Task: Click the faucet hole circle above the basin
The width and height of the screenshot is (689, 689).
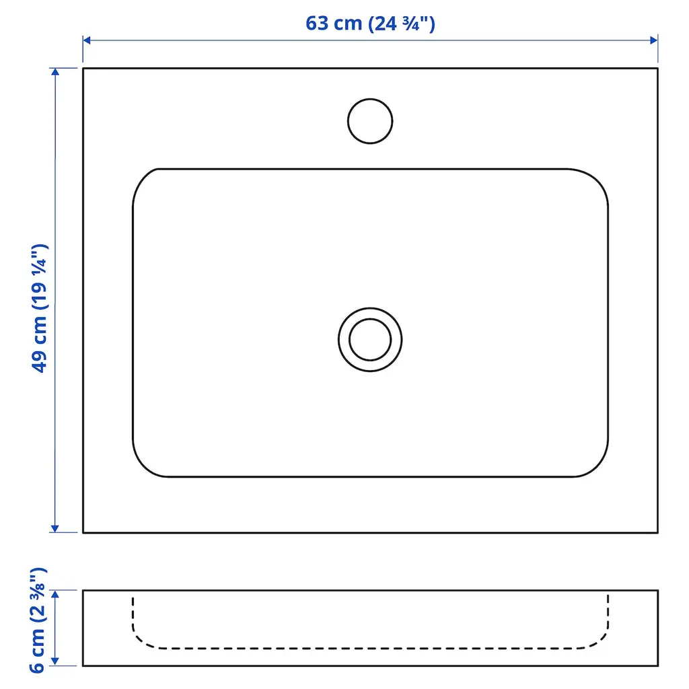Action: (370, 100)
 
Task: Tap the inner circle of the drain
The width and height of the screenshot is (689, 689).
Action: (370, 319)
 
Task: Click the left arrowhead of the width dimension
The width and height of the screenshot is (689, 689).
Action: (87, 40)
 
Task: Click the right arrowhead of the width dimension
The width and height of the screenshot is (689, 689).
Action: (654, 40)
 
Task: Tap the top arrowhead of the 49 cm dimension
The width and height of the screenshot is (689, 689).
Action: (55, 72)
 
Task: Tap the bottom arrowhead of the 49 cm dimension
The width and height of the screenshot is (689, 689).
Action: (55, 529)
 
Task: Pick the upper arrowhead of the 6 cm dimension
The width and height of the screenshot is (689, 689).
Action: (55, 595)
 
